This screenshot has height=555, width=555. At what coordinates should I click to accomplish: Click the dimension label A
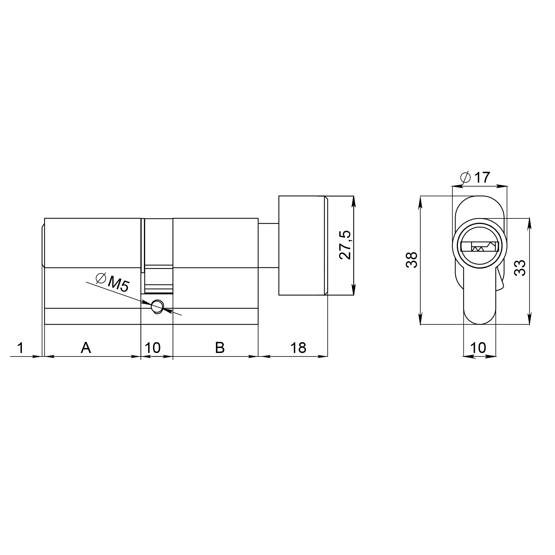coord(86,348)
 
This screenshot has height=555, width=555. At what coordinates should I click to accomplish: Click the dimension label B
coord(220,348)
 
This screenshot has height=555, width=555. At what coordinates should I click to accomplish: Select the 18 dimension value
coord(298,348)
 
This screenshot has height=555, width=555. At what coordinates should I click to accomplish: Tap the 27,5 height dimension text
coord(345,245)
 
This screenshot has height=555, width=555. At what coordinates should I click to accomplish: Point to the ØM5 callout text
coord(113,283)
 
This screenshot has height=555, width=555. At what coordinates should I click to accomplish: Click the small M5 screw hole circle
coord(157,307)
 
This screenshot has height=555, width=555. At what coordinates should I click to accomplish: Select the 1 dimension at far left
coord(20,348)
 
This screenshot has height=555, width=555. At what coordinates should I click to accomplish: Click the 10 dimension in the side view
coord(153,348)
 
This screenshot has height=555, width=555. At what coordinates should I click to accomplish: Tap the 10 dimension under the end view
coord(478,348)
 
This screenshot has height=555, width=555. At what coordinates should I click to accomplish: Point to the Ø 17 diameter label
coord(475,178)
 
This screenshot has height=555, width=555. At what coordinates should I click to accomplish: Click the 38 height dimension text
coord(412,260)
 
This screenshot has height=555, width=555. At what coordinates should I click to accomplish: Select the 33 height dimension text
coord(520,268)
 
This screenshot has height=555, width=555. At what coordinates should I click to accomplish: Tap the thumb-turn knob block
coord(302,245)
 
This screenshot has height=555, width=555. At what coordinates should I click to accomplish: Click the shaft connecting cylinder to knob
coord(268,245)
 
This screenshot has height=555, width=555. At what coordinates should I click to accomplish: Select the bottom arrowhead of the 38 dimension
coord(420,319)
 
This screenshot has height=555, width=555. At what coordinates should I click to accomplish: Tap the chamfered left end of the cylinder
coord(43,245)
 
